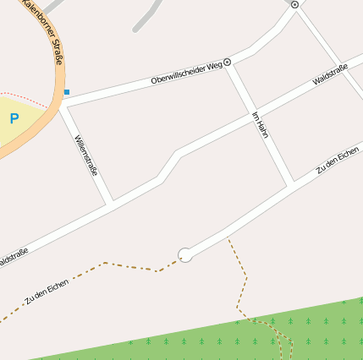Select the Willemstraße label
tap(86, 155)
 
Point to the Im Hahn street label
tap(261, 125)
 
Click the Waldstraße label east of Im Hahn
tap(330, 74)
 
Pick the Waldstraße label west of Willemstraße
tap(12, 256)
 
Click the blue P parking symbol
tap(14, 119)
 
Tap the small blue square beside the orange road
tap(67, 91)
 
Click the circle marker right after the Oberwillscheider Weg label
tap(227, 63)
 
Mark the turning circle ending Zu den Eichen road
tap(184, 254)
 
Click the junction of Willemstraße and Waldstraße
tap(111, 204)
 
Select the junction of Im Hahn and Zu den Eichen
tap(291, 183)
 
